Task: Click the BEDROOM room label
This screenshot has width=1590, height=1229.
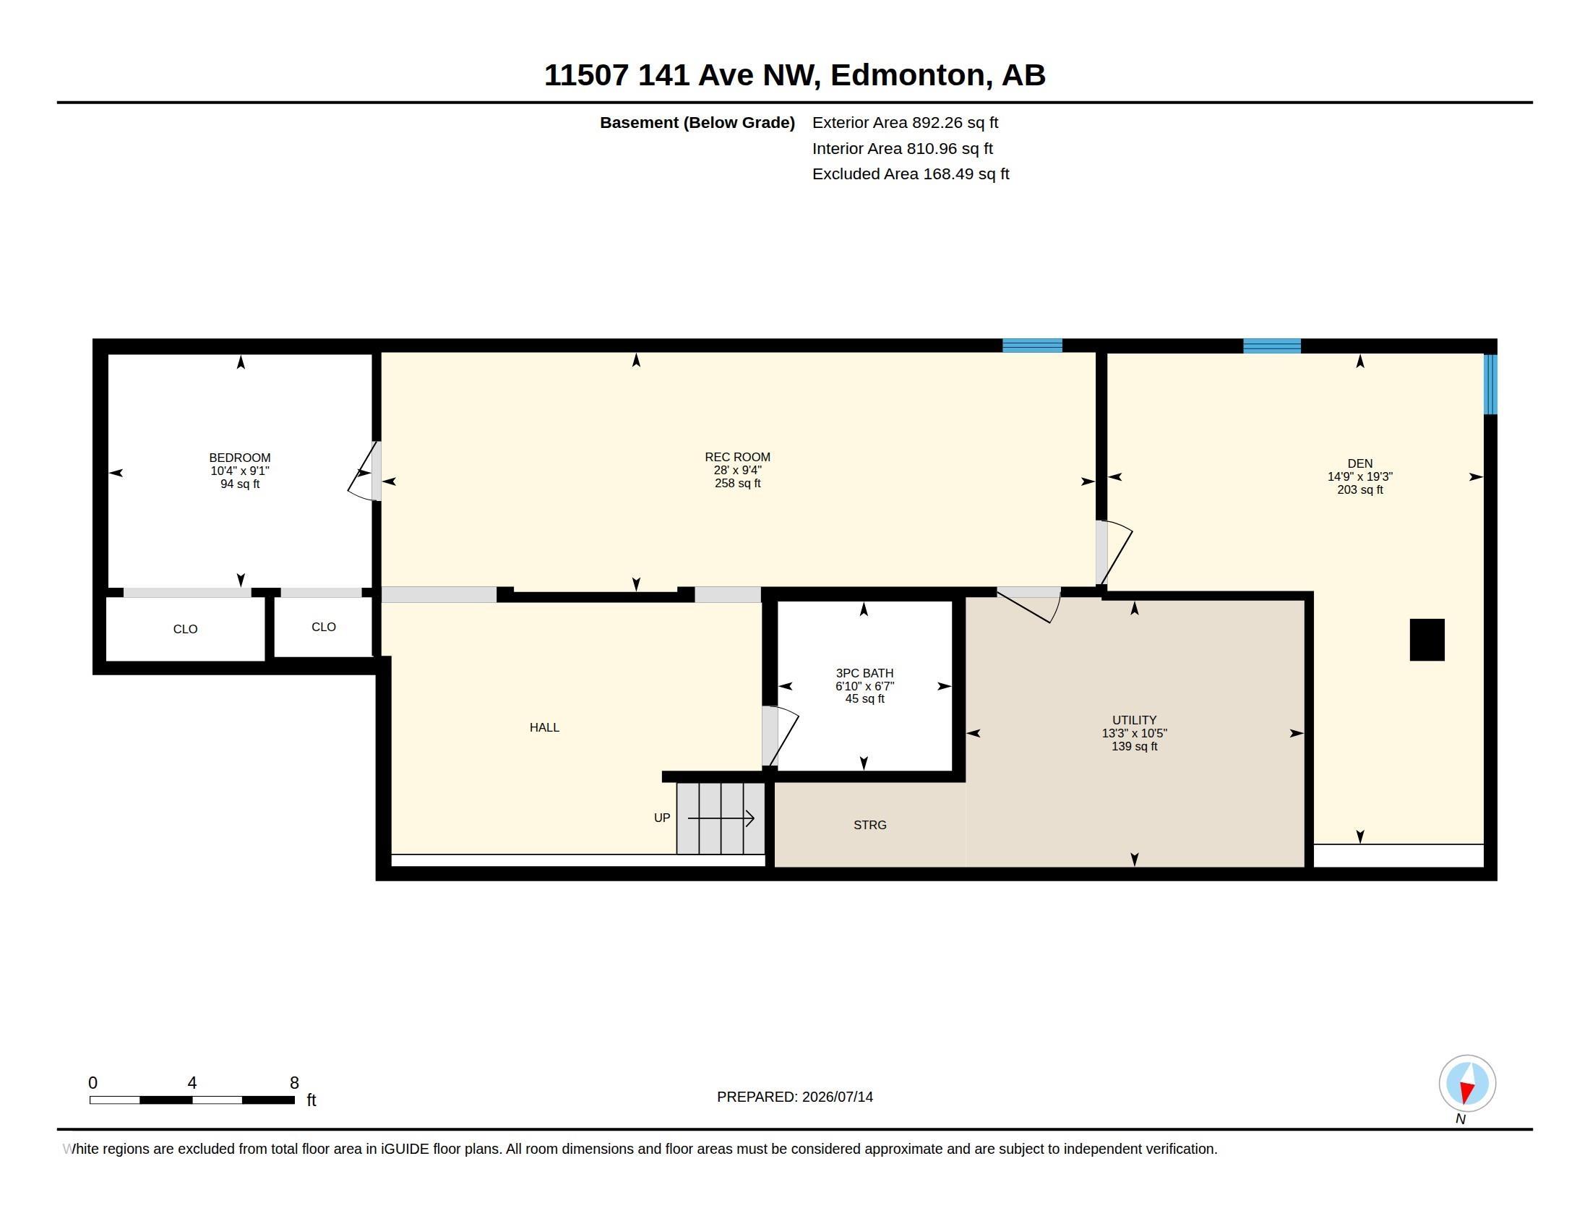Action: pyautogui.click(x=239, y=458)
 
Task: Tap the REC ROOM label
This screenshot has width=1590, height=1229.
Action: pyautogui.click(x=737, y=457)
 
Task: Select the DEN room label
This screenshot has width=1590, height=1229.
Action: pyautogui.click(x=1360, y=464)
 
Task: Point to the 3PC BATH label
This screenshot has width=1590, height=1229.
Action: pyautogui.click(x=864, y=674)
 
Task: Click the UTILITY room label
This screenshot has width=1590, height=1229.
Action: pyautogui.click(x=1134, y=720)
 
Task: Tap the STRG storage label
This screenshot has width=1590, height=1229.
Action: pyautogui.click(x=870, y=825)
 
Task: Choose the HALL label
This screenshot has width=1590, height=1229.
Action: pyautogui.click(x=544, y=727)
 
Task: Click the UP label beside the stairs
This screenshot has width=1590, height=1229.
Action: pyautogui.click(x=662, y=818)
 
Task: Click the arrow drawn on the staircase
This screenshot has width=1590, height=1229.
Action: pyautogui.click(x=721, y=818)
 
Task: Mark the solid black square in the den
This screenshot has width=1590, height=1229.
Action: pyautogui.click(x=1427, y=640)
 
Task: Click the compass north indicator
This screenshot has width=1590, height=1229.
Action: pyautogui.click(x=1467, y=1083)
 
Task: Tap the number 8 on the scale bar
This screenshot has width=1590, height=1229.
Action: pyautogui.click(x=294, y=1083)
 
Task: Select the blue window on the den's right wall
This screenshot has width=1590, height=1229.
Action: pyautogui.click(x=1490, y=385)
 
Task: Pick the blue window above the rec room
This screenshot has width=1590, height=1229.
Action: pyautogui.click(x=1032, y=346)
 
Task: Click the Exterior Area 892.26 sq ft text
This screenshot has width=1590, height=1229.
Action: pyautogui.click(x=905, y=122)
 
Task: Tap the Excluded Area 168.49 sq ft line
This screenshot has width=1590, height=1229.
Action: pyautogui.click(x=911, y=174)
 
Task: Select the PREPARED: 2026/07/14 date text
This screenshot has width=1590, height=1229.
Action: pyautogui.click(x=795, y=1097)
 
